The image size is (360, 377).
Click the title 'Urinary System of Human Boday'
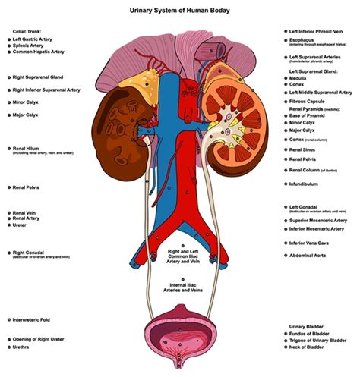click(181, 10)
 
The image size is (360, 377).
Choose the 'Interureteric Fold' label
click(34, 320)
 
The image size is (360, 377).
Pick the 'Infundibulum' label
click(308, 182)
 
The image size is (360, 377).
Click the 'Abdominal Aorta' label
click(312, 256)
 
